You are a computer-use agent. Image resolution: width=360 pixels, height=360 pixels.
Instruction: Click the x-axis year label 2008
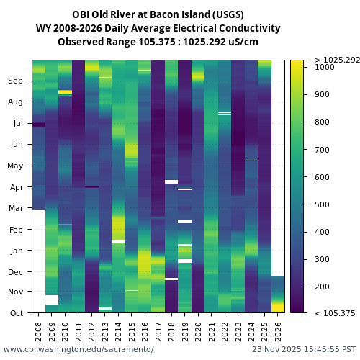(x=39, y=330)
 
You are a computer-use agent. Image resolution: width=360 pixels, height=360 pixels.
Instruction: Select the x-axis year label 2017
(x=158, y=330)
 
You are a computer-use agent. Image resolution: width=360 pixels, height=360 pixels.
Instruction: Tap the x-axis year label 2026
(x=278, y=330)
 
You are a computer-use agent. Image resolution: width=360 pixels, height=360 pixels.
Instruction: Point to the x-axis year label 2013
(x=105, y=330)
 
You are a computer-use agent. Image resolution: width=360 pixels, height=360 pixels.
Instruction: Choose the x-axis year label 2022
(x=225, y=330)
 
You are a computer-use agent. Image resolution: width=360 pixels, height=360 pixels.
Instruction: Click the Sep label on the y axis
(x=16, y=81)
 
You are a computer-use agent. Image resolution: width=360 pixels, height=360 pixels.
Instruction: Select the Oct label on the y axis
(x=16, y=313)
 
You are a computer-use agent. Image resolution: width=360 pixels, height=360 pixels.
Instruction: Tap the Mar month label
(x=16, y=209)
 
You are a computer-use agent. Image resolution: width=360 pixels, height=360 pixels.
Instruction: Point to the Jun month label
(x=16, y=145)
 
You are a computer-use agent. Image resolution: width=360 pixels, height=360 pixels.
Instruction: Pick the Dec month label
(x=16, y=272)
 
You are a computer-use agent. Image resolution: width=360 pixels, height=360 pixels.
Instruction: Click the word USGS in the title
(x=228, y=14)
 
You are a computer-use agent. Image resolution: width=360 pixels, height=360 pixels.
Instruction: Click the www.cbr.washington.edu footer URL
(x=78, y=349)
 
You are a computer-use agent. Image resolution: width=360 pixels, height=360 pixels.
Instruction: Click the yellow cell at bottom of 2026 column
(x=278, y=307)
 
